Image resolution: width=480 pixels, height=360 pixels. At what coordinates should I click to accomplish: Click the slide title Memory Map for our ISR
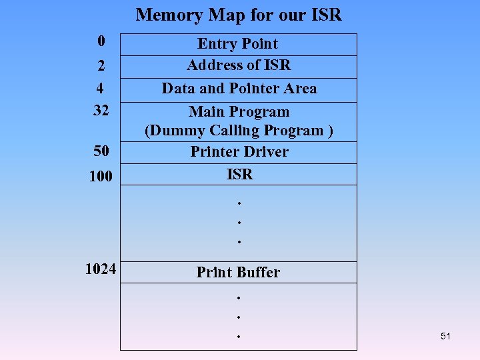pyautogui.click(x=239, y=15)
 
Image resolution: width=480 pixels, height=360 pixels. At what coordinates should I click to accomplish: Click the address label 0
pyautogui.click(x=101, y=41)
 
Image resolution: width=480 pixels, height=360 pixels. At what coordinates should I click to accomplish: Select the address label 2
pyautogui.click(x=101, y=65)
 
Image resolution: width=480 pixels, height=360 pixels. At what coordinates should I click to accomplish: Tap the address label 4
pyautogui.click(x=101, y=88)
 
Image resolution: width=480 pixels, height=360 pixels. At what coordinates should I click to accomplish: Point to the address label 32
pyautogui.click(x=101, y=110)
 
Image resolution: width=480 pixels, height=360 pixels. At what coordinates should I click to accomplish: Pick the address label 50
pyautogui.click(x=101, y=151)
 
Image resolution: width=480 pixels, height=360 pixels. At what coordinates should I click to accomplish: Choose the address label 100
pyautogui.click(x=101, y=176)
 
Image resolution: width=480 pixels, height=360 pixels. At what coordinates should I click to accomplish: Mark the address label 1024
pyautogui.click(x=101, y=269)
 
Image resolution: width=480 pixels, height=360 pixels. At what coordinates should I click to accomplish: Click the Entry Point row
pyautogui.click(x=238, y=44)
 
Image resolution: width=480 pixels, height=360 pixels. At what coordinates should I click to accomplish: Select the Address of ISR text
pyautogui.click(x=239, y=65)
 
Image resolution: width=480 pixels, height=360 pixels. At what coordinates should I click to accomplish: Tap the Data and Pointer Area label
pyautogui.click(x=239, y=89)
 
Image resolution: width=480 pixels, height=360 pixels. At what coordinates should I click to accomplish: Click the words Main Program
pyautogui.click(x=239, y=111)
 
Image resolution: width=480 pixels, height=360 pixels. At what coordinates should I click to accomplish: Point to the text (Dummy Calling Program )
pyautogui.click(x=239, y=131)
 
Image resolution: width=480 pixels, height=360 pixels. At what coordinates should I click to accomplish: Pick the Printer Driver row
pyautogui.click(x=239, y=152)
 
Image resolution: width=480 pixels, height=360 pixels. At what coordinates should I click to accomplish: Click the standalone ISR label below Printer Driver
pyautogui.click(x=239, y=175)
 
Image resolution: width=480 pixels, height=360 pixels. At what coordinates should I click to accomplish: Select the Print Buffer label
pyautogui.click(x=238, y=272)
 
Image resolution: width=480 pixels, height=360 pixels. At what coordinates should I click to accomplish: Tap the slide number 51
pyautogui.click(x=445, y=336)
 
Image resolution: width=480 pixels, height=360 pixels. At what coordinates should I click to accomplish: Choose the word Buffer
pyautogui.click(x=257, y=272)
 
